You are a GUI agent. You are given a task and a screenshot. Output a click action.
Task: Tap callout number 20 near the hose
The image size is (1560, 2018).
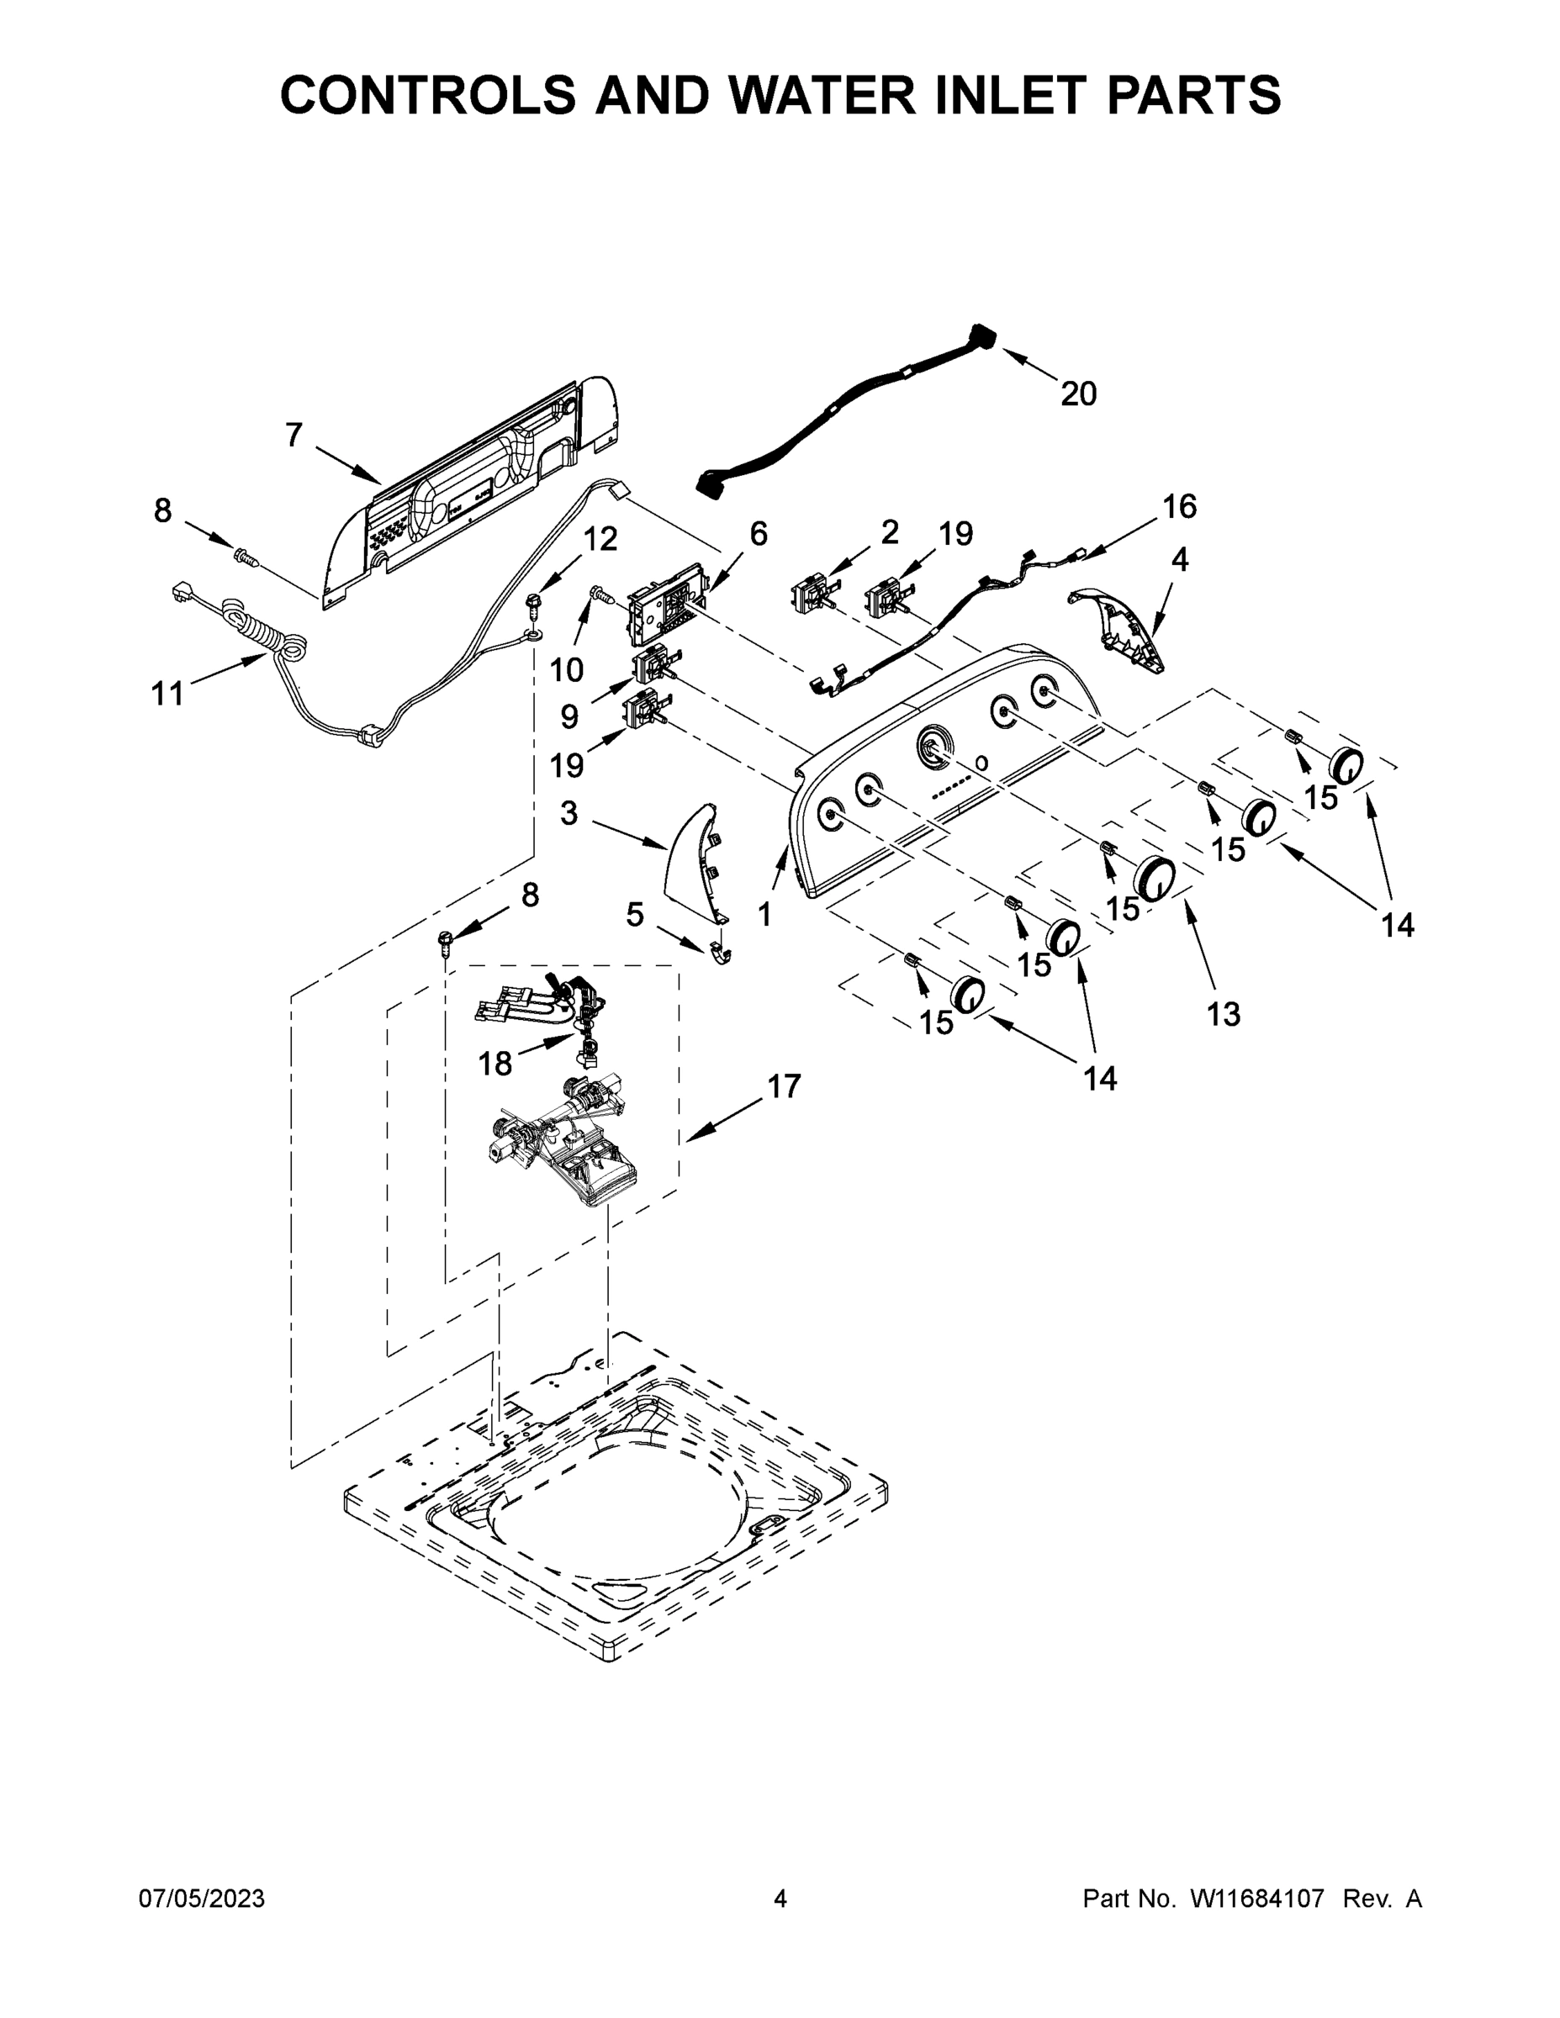click(x=1077, y=394)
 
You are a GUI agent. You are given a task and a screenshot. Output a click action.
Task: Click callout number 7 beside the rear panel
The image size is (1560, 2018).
click(x=293, y=434)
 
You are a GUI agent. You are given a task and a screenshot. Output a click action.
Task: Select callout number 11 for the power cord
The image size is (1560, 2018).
click(x=167, y=693)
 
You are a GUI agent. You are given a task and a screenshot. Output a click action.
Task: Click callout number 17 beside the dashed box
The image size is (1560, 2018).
click(x=784, y=1086)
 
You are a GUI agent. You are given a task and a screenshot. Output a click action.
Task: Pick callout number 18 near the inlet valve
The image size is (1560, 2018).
click(x=495, y=1064)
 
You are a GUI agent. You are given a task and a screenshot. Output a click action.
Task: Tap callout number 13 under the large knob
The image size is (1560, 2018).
click(x=1224, y=1015)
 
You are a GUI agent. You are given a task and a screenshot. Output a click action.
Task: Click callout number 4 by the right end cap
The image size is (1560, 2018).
click(x=1179, y=559)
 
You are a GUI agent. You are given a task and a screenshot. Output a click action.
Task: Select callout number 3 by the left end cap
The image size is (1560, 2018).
click(x=569, y=813)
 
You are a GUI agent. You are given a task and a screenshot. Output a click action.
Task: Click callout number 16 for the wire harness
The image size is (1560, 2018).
click(x=1179, y=506)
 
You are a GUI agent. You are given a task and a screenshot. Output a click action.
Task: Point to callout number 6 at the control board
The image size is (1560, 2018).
click(x=758, y=533)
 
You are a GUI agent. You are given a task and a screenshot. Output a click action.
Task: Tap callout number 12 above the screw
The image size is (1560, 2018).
click(x=600, y=540)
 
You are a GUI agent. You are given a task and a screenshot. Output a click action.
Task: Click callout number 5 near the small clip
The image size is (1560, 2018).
click(x=634, y=915)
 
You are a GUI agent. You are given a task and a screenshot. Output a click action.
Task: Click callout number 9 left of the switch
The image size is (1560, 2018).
click(x=569, y=716)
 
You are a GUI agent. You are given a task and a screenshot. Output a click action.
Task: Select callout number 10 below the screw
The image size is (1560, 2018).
click(x=567, y=669)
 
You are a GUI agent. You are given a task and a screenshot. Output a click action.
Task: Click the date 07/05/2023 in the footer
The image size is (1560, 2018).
click(x=202, y=1899)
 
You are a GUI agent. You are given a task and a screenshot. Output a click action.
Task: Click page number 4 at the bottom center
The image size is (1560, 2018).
click(x=780, y=1899)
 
